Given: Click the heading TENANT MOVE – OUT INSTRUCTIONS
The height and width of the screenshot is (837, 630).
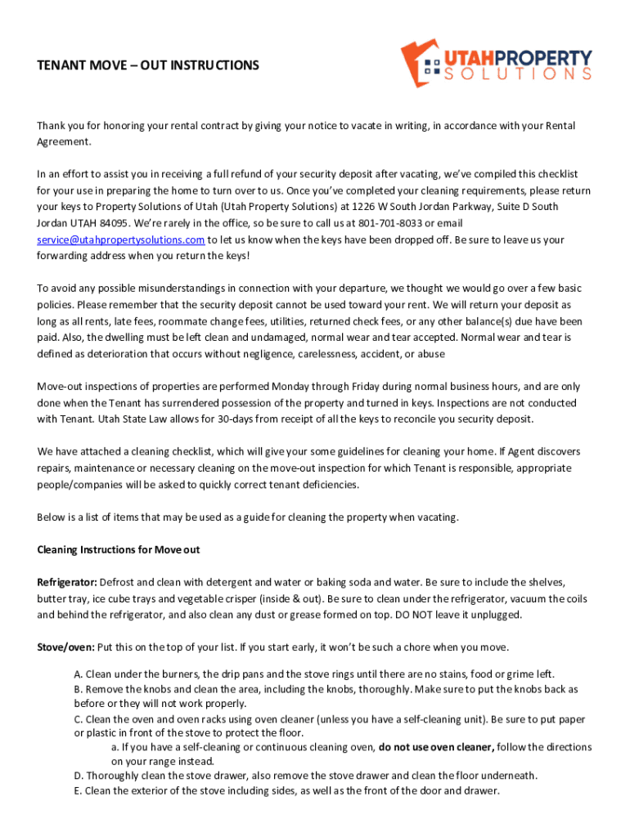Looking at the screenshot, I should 148,65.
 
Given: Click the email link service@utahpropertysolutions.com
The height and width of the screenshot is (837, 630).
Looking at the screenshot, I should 120,240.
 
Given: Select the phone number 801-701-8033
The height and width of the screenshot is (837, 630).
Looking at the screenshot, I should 389,224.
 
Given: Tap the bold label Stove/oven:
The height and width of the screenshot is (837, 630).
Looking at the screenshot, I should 65,647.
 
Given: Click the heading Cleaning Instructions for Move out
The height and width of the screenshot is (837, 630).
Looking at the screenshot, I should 119,550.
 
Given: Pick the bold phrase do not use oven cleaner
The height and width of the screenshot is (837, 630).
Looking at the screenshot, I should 436,747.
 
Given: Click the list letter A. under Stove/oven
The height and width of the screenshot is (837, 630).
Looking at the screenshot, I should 79,674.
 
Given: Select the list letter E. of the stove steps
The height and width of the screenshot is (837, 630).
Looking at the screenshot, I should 79,791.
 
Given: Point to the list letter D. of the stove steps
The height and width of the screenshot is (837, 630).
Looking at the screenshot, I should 79,776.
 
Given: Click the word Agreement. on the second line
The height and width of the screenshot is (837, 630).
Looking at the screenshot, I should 64,142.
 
